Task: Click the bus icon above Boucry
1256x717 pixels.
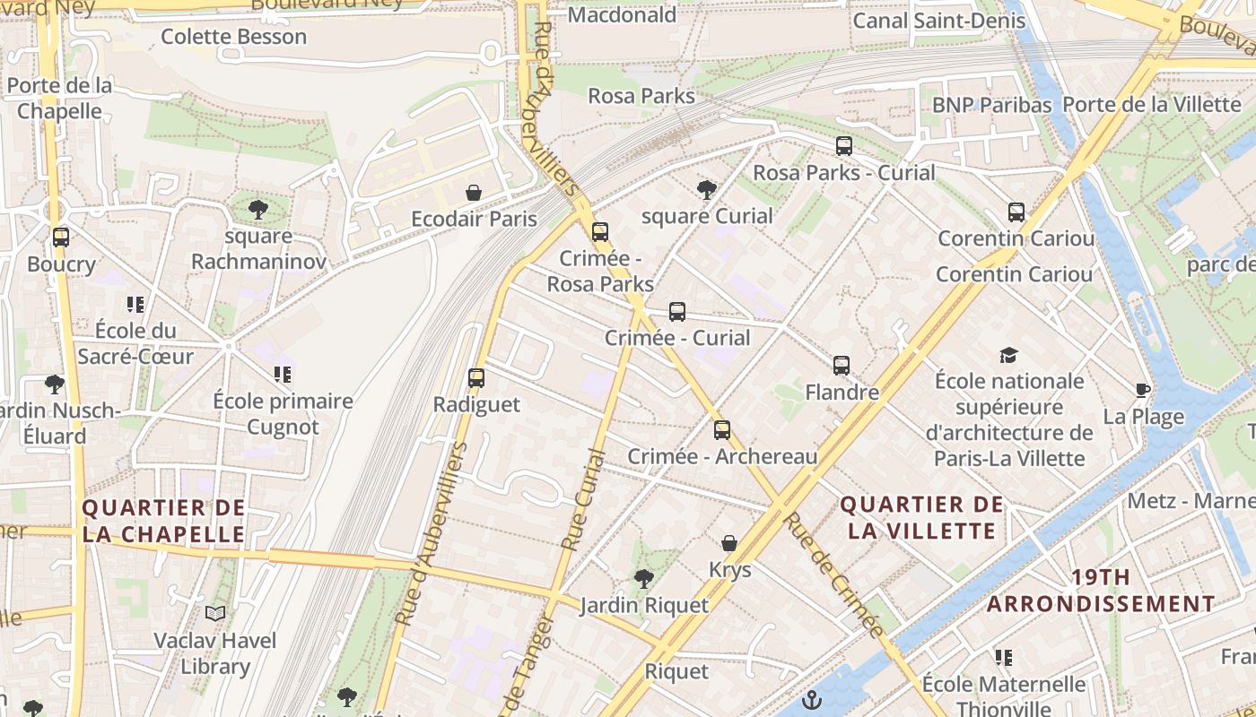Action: click(61, 238)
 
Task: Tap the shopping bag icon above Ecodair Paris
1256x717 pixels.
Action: click(474, 193)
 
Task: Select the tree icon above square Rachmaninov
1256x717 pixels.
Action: click(258, 210)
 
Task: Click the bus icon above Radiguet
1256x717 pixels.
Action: click(476, 378)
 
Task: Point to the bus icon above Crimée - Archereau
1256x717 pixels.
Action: click(722, 430)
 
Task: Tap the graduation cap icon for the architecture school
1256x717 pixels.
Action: click(1009, 355)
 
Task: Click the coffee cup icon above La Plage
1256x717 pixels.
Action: click(1143, 391)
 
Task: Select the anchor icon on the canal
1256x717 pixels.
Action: click(812, 700)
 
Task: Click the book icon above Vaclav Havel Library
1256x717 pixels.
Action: click(214, 614)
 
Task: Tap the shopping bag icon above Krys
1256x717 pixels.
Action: click(729, 543)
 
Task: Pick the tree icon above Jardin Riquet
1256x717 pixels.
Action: click(643, 579)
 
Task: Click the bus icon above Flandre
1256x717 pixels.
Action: click(841, 366)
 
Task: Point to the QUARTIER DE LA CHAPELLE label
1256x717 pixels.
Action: click(163, 521)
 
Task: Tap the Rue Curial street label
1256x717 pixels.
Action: click(583, 498)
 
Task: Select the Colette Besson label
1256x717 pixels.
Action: click(233, 37)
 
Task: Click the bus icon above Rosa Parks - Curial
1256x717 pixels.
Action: click(843, 146)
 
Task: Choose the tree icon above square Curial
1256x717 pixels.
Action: click(707, 189)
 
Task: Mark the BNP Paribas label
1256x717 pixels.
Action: click(991, 105)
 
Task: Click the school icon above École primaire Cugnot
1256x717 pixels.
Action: click(283, 375)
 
